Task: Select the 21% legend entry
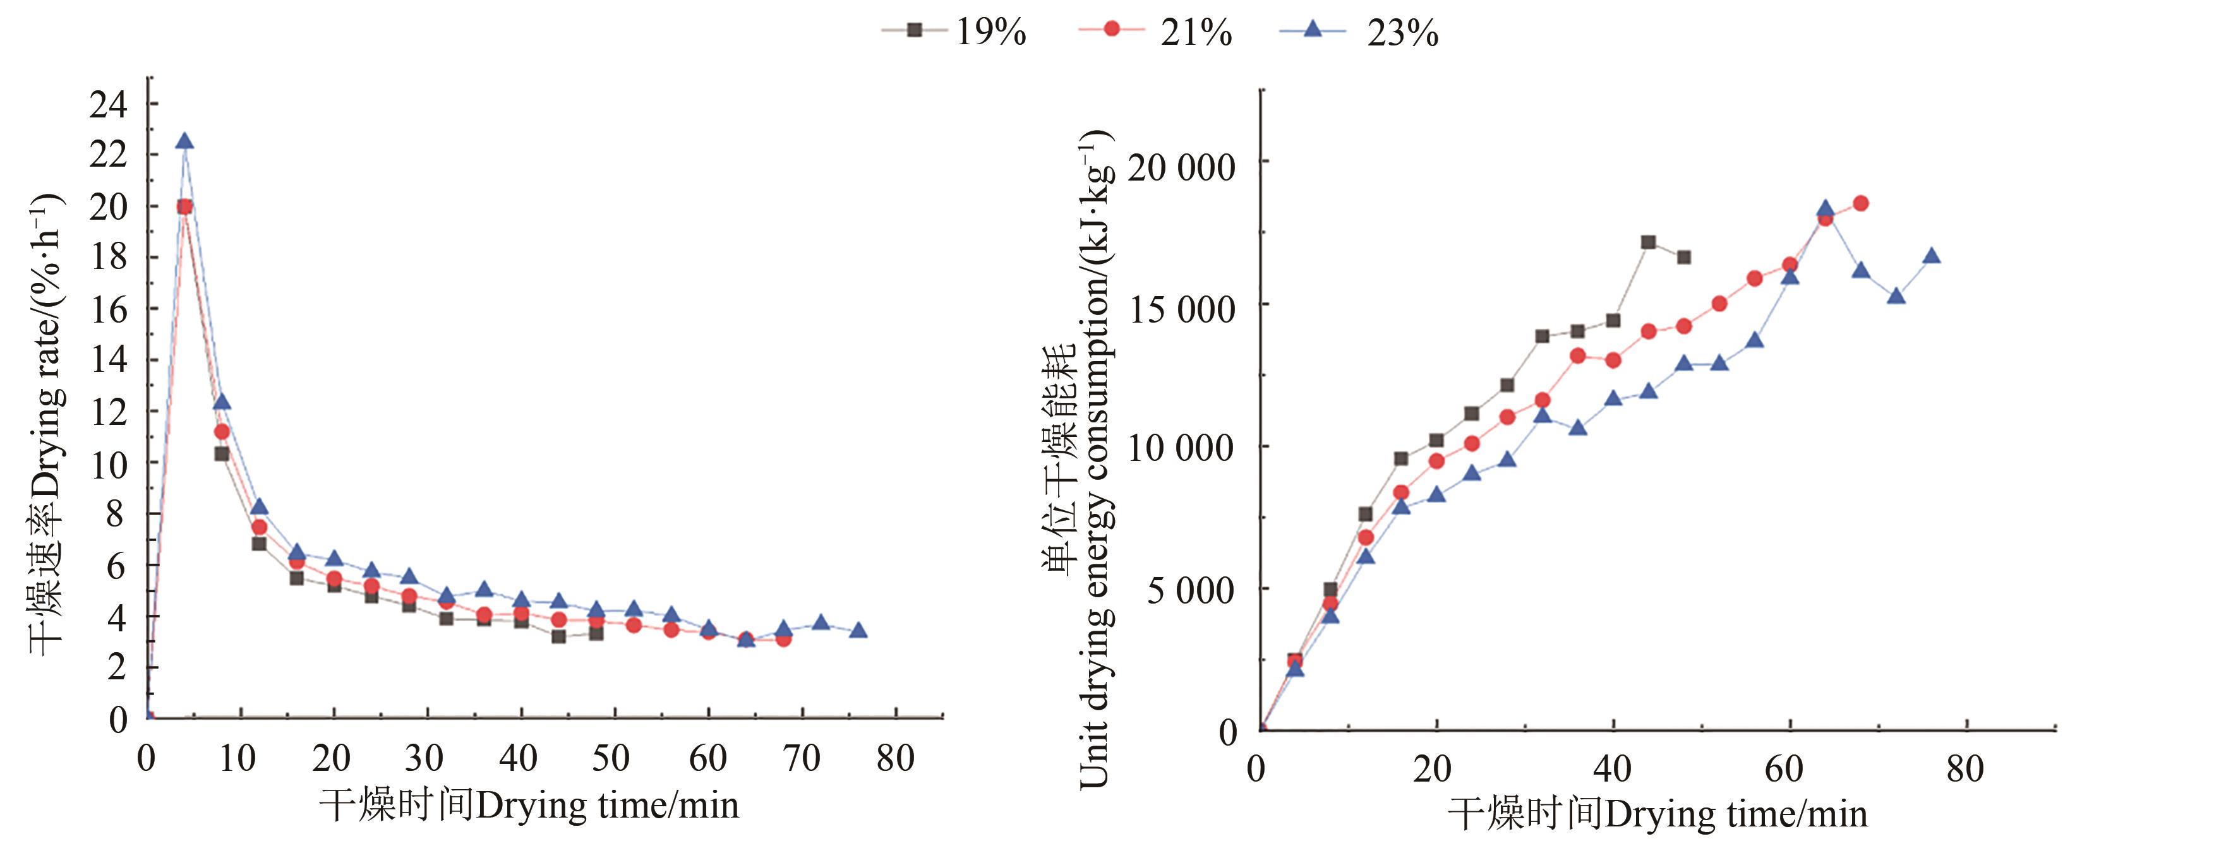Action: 1155,32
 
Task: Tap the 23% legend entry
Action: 1359,32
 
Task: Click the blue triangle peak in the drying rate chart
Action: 184,141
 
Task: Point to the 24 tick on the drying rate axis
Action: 109,105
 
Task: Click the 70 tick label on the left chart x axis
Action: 801,758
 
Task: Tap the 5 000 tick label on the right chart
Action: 1190,591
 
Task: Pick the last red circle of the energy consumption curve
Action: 1860,203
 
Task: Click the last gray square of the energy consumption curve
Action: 1684,257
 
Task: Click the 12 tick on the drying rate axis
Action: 109,412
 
